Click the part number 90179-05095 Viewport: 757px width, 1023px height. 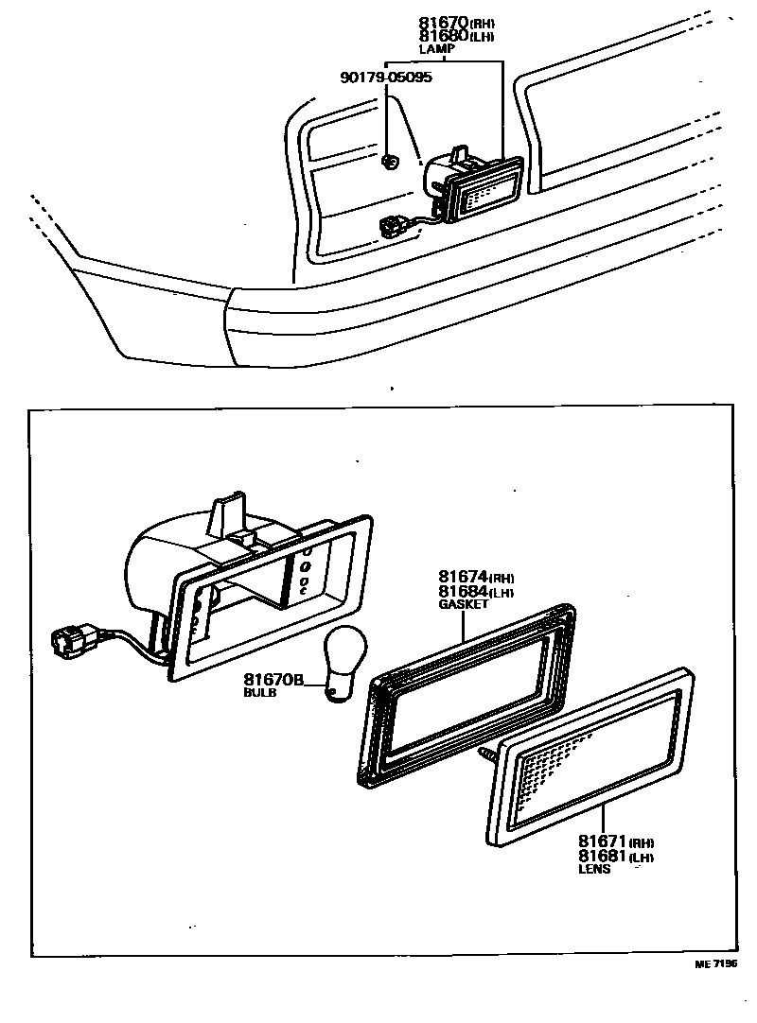pos(386,78)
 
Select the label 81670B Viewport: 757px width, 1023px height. pos(273,679)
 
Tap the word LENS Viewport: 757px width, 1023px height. pos(594,869)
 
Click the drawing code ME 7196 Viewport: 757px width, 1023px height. pos(714,964)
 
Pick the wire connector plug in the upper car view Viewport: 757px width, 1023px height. pos(389,227)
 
